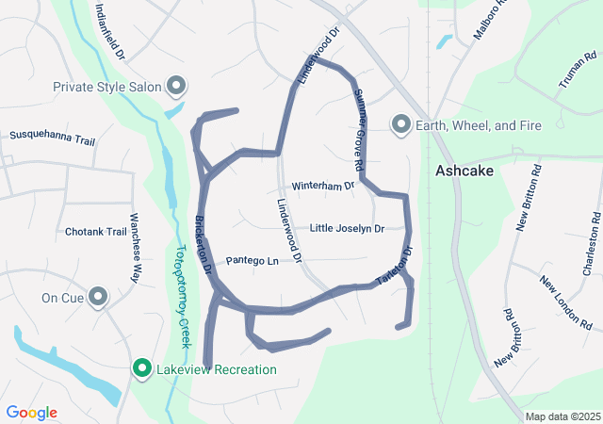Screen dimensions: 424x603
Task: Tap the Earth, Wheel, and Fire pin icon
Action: pyautogui.click(x=401, y=124)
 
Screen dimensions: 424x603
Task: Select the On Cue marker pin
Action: pyautogui.click(x=98, y=298)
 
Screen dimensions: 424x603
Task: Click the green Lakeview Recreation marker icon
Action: pyautogui.click(x=142, y=368)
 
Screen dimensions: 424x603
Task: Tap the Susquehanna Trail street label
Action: pyautogui.click(x=53, y=138)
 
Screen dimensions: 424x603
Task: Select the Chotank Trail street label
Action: pyautogui.click(x=96, y=232)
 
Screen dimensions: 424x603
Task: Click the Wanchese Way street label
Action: pyautogui.click(x=135, y=260)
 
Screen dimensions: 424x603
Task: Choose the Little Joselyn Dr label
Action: pyautogui.click(x=347, y=229)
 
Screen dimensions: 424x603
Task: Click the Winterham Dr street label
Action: pyautogui.click(x=322, y=186)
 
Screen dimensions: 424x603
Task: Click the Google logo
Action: pyautogui.click(x=32, y=413)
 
